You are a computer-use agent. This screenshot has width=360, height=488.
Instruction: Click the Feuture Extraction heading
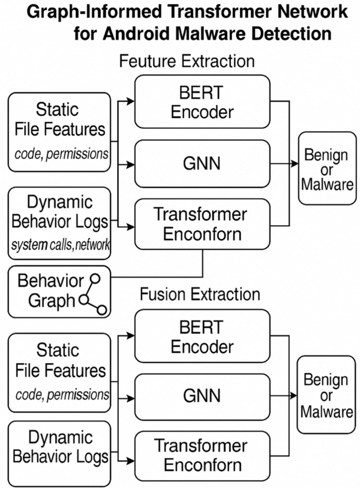[x=187, y=61]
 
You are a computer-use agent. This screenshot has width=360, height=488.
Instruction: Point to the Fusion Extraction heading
[x=200, y=294]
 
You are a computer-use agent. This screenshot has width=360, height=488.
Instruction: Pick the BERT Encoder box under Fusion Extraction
[x=202, y=337]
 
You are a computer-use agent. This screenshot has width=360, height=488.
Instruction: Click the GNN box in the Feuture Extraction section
[x=202, y=164]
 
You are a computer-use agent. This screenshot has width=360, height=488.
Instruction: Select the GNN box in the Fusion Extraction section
[x=202, y=396]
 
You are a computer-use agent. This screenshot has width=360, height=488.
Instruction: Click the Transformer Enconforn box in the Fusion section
[x=202, y=455]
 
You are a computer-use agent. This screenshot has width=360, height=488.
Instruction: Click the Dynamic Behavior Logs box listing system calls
[x=59, y=223]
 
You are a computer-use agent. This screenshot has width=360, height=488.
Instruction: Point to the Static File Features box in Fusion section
[x=59, y=372]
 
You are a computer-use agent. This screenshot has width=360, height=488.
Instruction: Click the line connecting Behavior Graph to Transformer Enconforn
[x=158, y=276]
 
